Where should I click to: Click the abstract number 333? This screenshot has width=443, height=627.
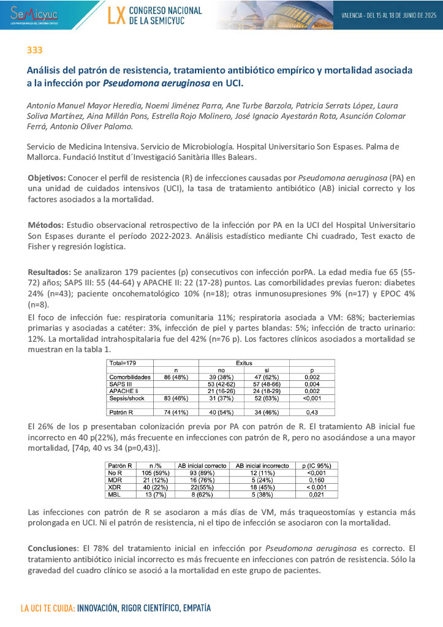(x=34, y=50)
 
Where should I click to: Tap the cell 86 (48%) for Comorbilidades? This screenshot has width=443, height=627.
(x=176, y=377)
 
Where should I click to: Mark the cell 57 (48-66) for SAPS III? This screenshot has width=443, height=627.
(x=267, y=384)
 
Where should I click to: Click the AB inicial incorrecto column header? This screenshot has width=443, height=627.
(x=262, y=466)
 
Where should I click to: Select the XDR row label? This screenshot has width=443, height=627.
(x=115, y=486)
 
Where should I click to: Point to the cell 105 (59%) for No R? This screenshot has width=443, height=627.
(x=151, y=473)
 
